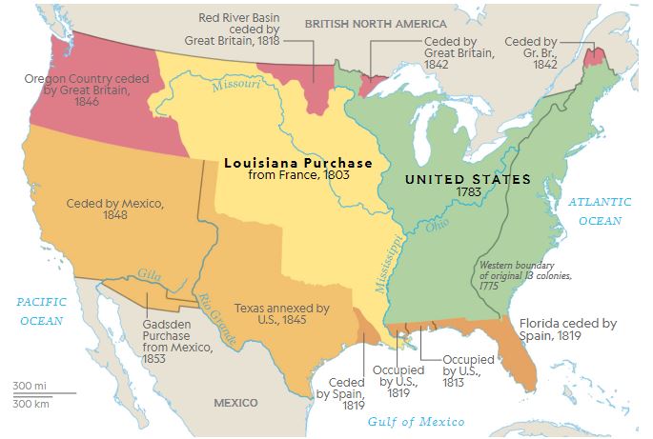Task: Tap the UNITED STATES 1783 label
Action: click(468, 186)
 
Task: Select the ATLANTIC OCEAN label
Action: click(600, 210)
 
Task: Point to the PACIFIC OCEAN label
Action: click(41, 309)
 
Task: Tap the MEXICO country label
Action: click(235, 403)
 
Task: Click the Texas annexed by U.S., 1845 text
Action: click(282, 315)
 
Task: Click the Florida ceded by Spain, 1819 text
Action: click(567, 329)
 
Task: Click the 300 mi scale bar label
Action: click(29, 385)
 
